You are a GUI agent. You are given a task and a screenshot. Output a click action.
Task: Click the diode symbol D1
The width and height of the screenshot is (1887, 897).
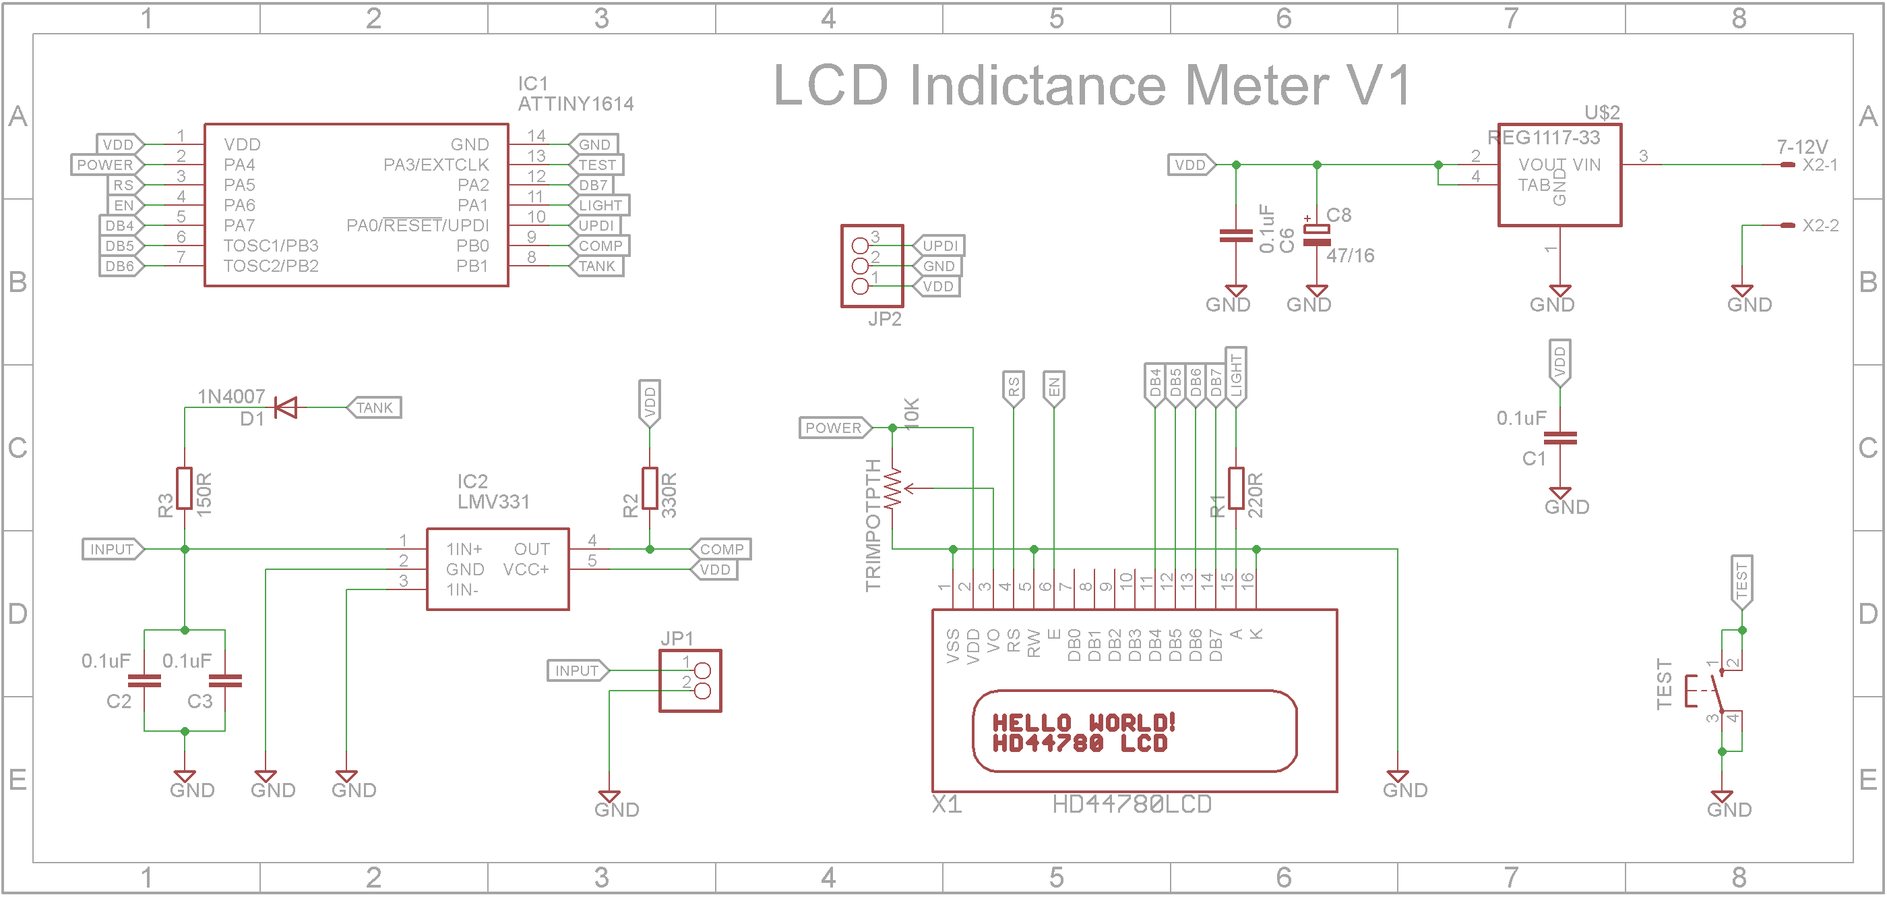pos(286,407)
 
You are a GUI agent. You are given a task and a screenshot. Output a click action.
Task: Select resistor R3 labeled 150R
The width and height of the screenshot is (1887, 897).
pos(185,488)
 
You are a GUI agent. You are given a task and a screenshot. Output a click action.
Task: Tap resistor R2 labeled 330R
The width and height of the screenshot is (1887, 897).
pos(650,488)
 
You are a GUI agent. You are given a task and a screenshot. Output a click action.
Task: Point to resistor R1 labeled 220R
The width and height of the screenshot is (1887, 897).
pos(1236,488)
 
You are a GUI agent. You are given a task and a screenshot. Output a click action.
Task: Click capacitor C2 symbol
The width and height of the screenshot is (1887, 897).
pos(144,681)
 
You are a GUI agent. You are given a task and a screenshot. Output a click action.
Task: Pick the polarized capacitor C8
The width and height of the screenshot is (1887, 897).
pos(1316,235)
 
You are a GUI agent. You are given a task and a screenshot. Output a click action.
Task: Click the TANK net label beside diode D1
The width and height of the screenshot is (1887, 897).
pos(374,407)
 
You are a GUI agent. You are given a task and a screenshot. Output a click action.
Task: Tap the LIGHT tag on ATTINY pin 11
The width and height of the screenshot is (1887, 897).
pos(599,205)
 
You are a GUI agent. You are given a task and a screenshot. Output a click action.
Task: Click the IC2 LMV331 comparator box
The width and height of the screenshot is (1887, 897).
pos(497,569)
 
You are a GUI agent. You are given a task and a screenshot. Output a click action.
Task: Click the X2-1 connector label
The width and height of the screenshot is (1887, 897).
pos(1820,165)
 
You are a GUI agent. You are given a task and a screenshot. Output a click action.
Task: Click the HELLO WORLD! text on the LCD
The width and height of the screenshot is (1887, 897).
pos(1084,722)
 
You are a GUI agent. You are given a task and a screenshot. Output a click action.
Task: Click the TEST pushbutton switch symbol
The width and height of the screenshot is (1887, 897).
pos(1714,691)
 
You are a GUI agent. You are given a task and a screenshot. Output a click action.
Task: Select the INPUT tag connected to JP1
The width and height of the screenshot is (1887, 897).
pos(578,670)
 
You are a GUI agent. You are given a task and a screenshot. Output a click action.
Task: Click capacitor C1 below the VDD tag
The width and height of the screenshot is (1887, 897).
pos(1559,438)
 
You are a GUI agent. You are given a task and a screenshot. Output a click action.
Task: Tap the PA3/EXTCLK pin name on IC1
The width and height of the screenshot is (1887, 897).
pos(436,165)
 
